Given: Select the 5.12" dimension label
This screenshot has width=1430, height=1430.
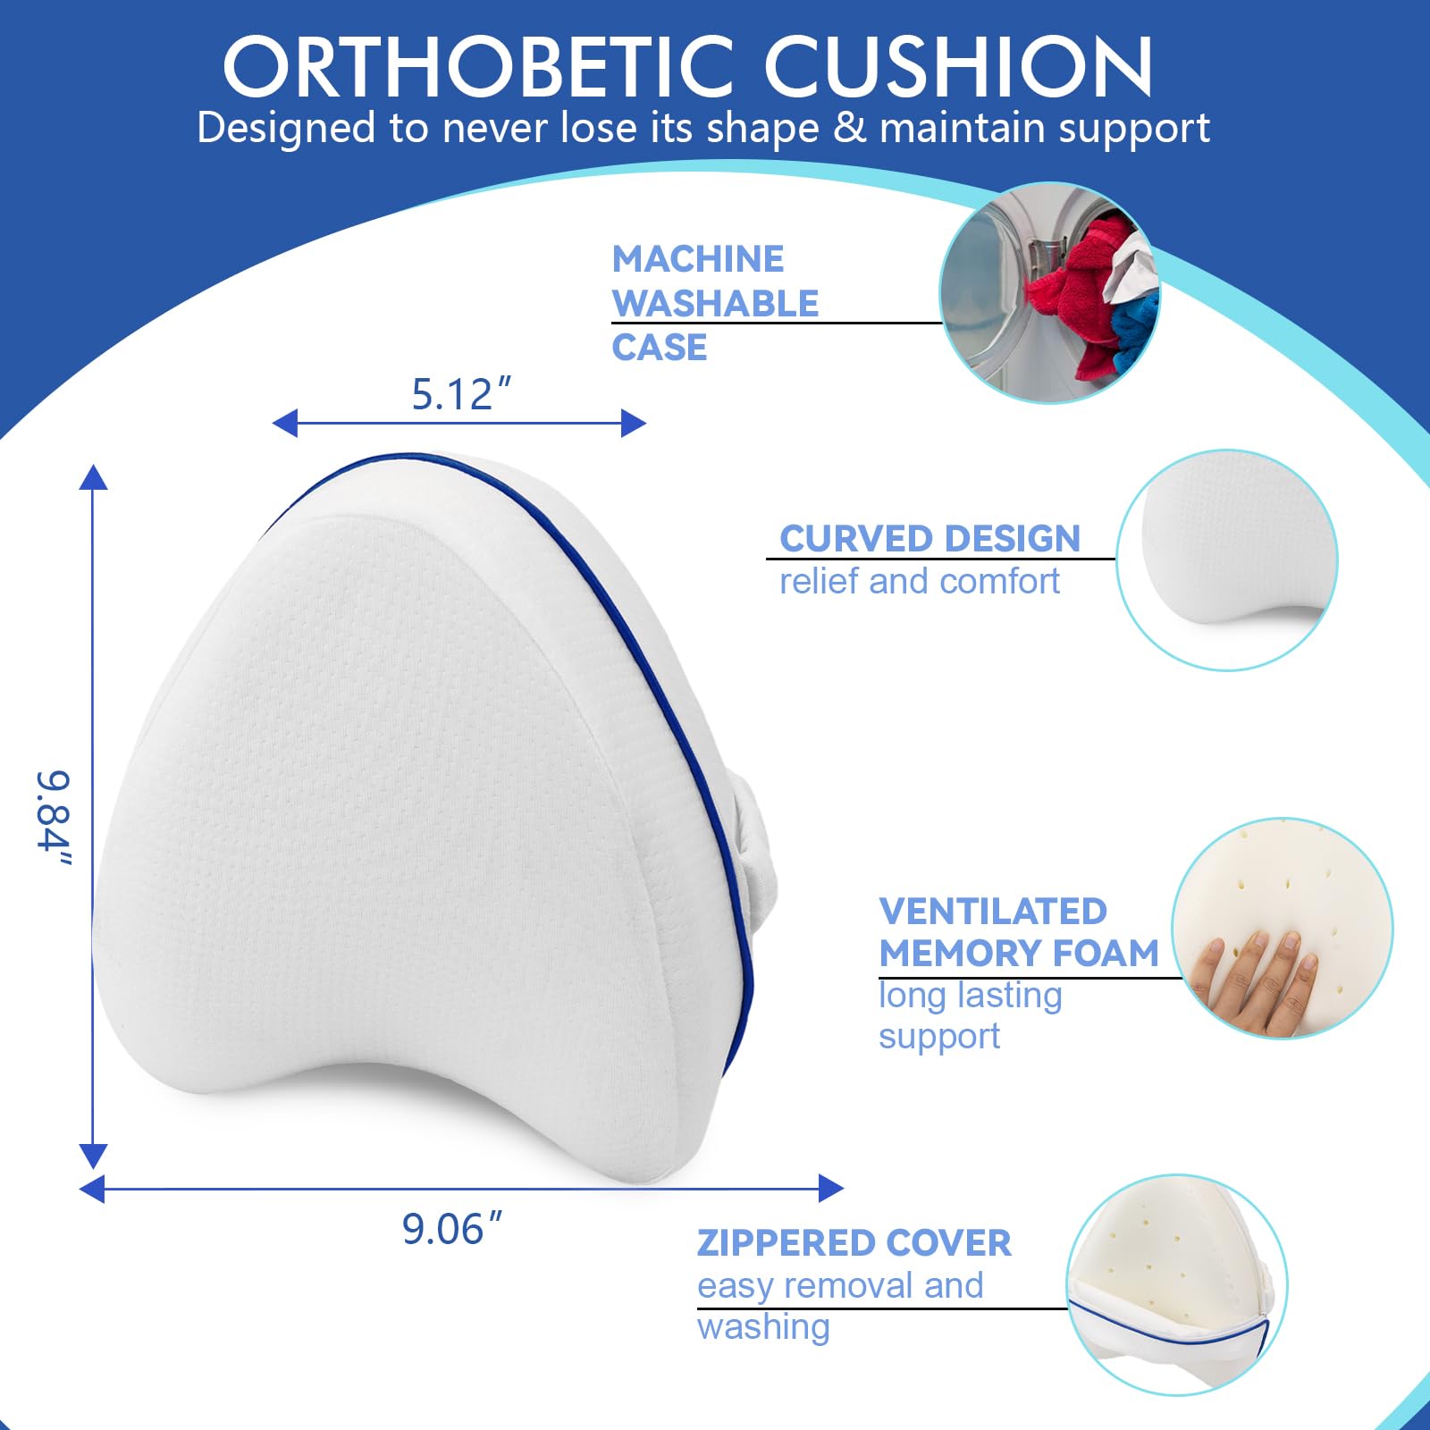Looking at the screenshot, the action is pyautogui.click(x=460, y=394).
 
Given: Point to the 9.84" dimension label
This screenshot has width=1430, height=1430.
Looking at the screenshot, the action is pyautogui.click(x=54, y=818).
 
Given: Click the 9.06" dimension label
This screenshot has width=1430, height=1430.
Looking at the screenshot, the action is pyautogui.click(x=451, y=1229).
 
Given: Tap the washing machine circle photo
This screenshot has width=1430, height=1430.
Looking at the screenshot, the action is pyautogui.click(x=1049, y=293).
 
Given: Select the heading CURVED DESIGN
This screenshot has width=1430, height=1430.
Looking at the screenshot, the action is pyautogui.click(x=929, y=538).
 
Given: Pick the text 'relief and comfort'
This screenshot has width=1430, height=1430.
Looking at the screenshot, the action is pyautogui.click(x=920, y=581).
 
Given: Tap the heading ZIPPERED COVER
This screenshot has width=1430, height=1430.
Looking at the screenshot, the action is pyautogui.click(x=854, y=1242).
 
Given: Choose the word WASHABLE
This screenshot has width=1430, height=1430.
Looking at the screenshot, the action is pyautogui.click(x=715, y=303).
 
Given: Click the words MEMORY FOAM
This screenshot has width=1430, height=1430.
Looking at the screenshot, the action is pyautogui.click(x=1019, y=953).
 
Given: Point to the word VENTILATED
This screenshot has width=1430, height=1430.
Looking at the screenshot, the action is pyautogui.click(x=993, y=911).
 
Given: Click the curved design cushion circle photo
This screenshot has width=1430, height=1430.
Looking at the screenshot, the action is pyautogui.click(x=1227, y=559).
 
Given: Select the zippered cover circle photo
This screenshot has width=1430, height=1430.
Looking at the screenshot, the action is pyautogui.click(x=1177, y=1285).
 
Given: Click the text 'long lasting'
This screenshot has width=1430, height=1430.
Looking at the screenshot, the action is pyautogui.click(x=971, y=995).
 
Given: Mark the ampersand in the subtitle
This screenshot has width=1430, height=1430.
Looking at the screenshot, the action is pyautogui.click(x=849, y=128).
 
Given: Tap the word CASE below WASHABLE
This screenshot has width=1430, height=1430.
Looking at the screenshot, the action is pyautogui.click(x=660, y=347).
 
